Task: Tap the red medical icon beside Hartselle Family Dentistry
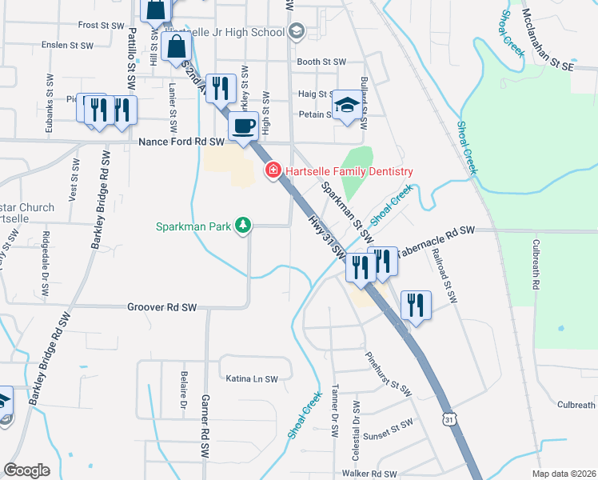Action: coord(273,171)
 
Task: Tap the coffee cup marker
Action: coord(243,125)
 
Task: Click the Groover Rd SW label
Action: coord(161,307)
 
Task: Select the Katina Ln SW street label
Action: coord(251,378)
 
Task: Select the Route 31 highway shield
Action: coord(450,418)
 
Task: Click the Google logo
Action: coord(27,470)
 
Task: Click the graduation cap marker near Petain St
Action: coord(346,105)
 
